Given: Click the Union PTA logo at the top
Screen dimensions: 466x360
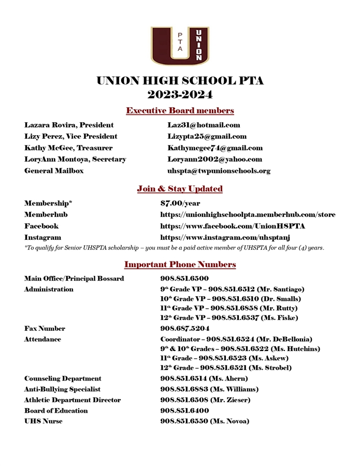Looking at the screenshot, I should point(180,46).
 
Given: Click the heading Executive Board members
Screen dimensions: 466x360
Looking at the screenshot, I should point(180,111).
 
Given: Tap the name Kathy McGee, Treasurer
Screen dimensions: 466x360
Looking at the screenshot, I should point(68,148).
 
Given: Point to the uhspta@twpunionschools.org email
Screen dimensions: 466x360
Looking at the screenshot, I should point(219,171).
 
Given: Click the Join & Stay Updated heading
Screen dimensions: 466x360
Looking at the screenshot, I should point(180,189).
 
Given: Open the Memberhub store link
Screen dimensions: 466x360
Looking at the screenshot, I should point(248,214).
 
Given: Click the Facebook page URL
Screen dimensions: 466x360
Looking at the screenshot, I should point(233,226).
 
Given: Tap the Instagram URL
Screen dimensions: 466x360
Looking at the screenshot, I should point(225,238).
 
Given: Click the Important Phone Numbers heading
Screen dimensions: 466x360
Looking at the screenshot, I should point(180,265).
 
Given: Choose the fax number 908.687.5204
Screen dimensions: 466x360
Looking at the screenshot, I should point(185,329).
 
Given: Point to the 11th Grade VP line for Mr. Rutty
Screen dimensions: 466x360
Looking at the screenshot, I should point(229,308).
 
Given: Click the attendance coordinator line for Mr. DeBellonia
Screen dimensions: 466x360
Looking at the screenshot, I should point(236,339).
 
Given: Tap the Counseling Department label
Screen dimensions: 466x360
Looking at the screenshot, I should point(63,378).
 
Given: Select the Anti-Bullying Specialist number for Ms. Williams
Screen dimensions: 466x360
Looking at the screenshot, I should point(209,389).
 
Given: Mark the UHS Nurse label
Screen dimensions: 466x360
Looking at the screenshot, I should point(44,421).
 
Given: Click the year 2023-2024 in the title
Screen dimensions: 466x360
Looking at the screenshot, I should point(180,94).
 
